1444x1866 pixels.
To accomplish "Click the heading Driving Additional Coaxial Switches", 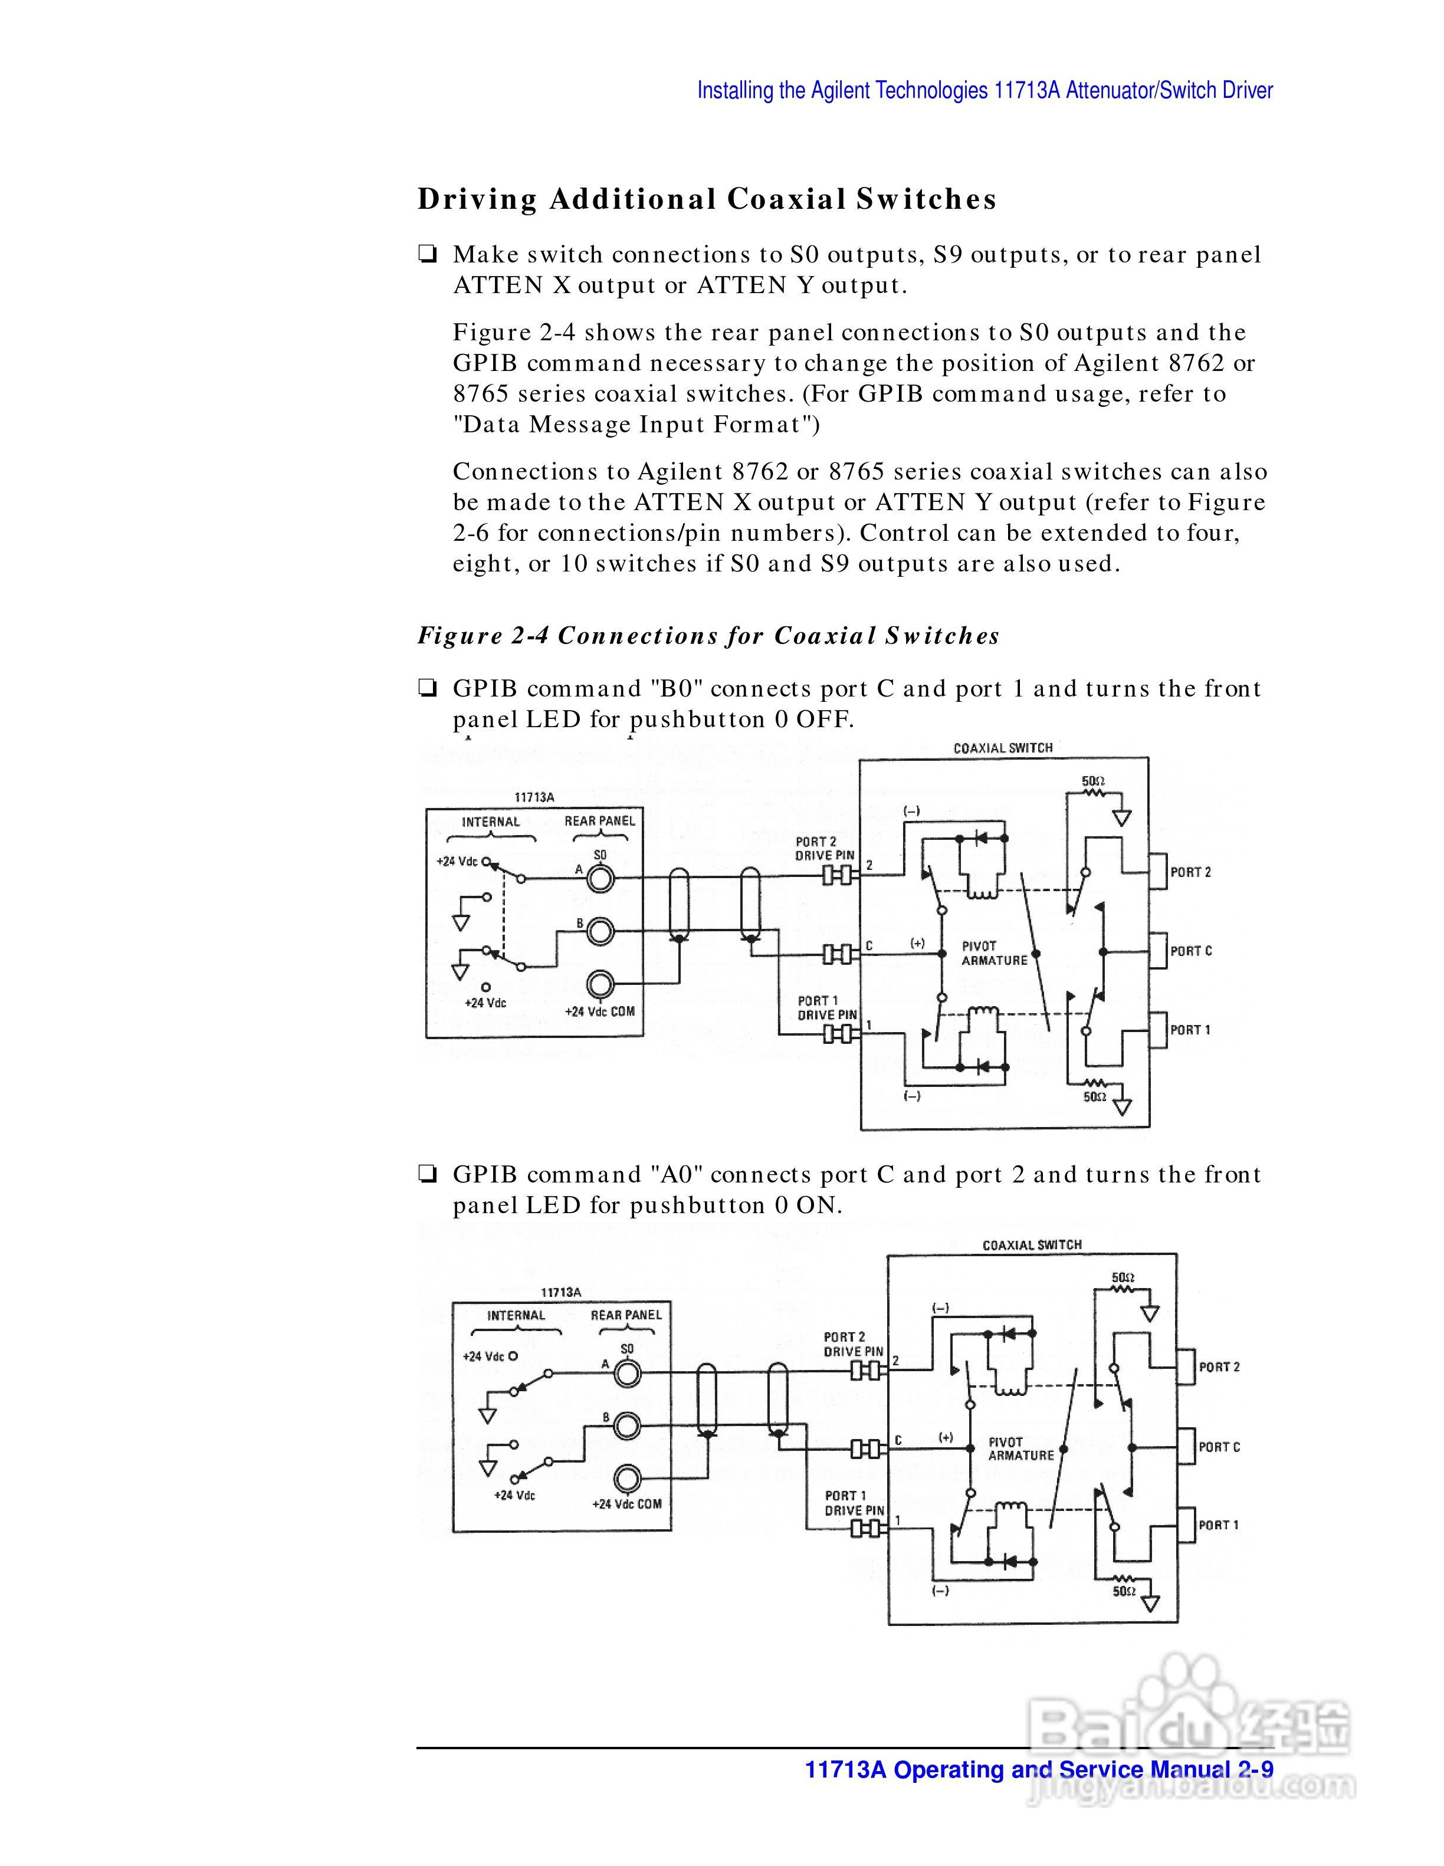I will [x=707, y=199].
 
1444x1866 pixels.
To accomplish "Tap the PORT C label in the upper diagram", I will [x=1190, y=951].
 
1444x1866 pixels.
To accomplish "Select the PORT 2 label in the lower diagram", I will [x=1219, y=1367].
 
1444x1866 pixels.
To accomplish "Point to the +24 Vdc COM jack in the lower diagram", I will [x=628, y=1477].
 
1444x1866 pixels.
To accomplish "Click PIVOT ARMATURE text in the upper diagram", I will [x=994, y=954].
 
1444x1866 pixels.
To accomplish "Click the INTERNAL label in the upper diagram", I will [x=490, y=822].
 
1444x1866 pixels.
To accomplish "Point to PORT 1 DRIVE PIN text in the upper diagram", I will [x=827, y=1007].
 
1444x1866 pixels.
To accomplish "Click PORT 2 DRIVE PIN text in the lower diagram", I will [x=854, y=1344].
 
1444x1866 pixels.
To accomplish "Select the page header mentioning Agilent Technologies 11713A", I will [x=984, y=91].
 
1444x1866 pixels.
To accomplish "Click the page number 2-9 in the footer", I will [x=1254, y=1769].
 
